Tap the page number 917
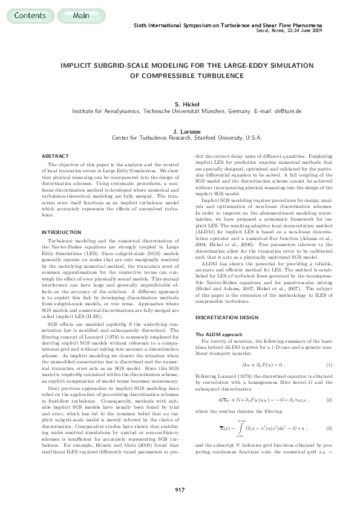[x=179, y=488]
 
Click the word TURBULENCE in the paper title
[x=217, y=76]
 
